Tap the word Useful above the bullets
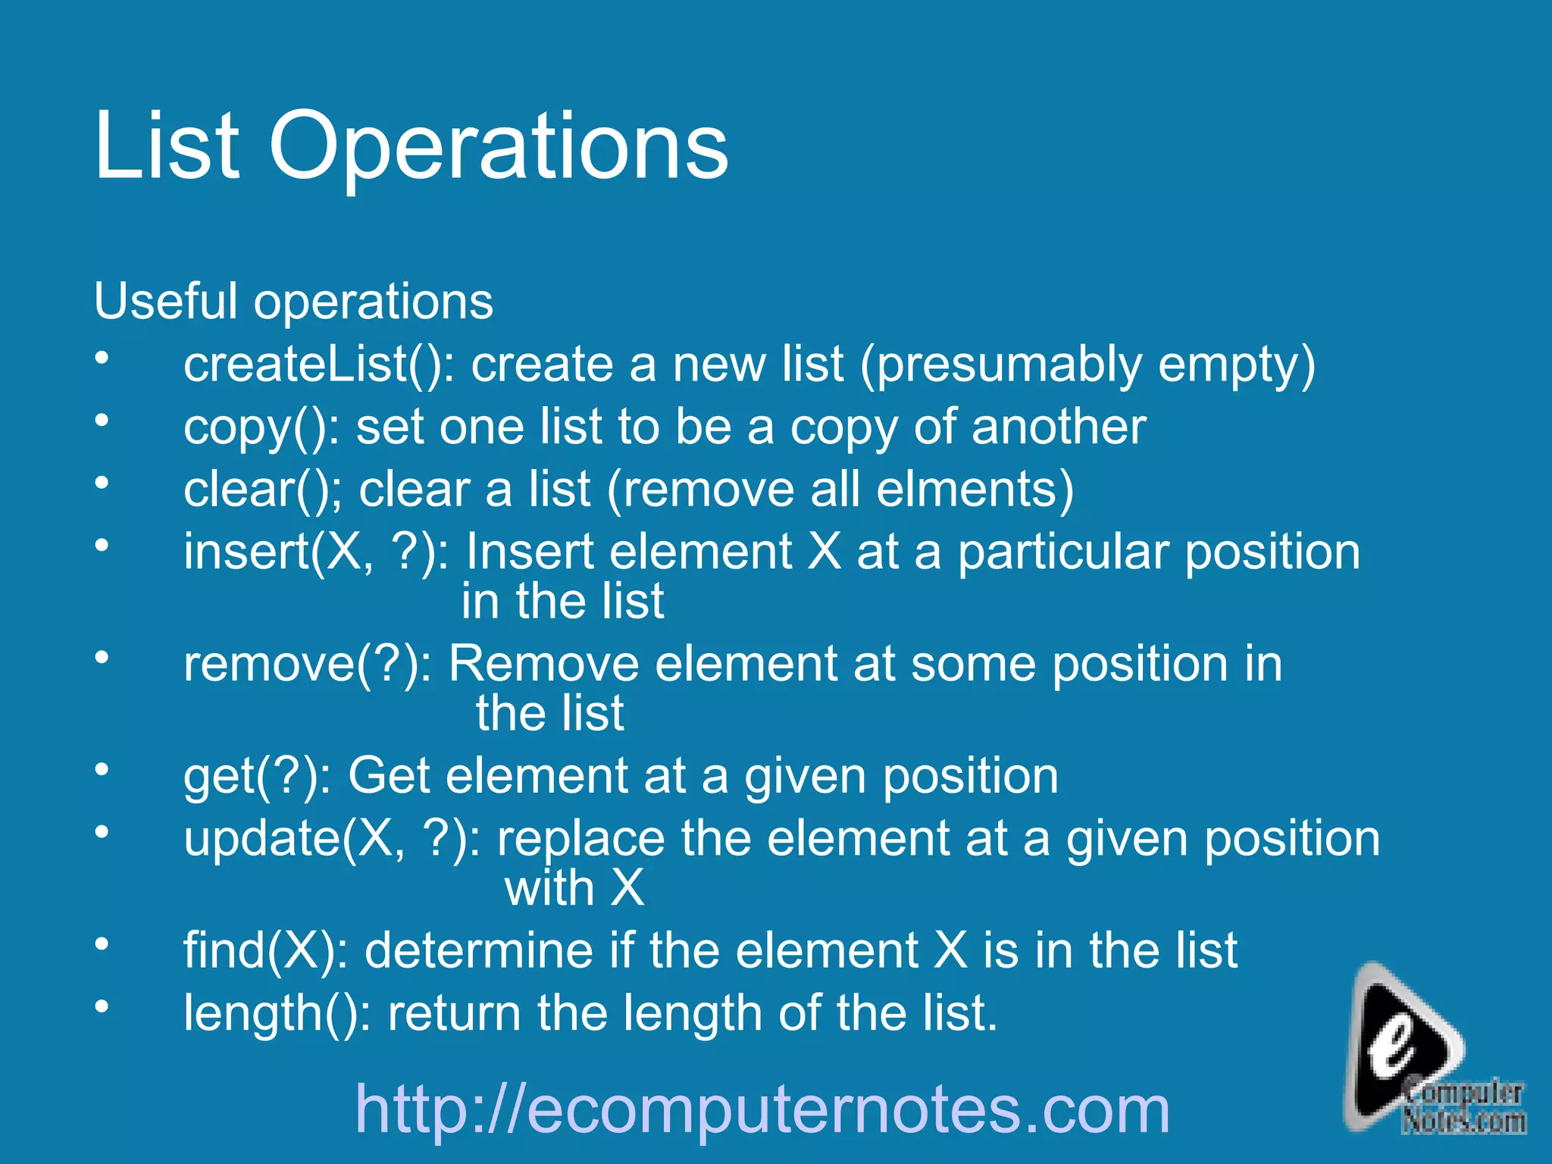165,301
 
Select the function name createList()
318,365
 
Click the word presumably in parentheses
1009,366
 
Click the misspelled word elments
974,490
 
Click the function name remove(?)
307,665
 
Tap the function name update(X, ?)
332,839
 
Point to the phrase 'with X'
574,887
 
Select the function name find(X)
265,950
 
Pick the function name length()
277,1013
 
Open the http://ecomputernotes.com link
762,1109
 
